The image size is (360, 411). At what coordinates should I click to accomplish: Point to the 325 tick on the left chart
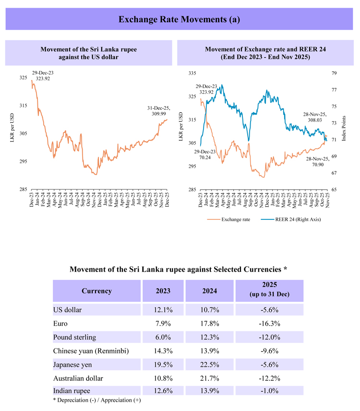tap(23, 77)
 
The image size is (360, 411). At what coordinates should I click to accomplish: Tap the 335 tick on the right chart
tap(192, 73)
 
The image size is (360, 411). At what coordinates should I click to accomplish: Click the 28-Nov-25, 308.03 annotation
tap(314, 118)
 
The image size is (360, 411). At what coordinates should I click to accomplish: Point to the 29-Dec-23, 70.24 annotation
tap(205, 154)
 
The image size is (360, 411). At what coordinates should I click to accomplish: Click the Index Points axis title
tap(344, 128)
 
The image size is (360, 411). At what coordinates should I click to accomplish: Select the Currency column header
tap(96, 291)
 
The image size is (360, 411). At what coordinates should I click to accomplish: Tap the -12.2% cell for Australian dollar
tap(269, 378)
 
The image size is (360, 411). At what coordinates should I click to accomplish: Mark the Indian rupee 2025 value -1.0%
tap(269, 391)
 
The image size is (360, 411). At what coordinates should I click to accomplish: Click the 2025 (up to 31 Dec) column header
tap(269, 290)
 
